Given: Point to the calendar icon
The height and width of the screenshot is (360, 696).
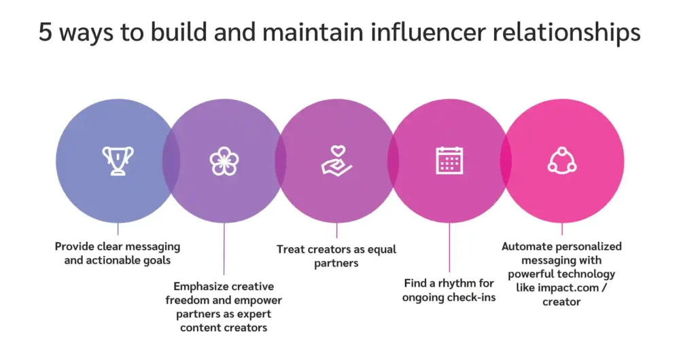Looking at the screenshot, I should click(x=449, y=160).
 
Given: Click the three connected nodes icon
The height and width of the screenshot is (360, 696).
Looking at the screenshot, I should click(x=562, y=160).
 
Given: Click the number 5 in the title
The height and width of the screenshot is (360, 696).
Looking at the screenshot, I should click(x=45, y=33).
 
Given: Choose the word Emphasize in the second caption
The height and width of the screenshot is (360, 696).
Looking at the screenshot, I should click(x=202, y=287).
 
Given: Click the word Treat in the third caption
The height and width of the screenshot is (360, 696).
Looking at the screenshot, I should click(x=290, y=249).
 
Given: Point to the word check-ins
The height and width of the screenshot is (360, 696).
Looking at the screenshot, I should click(x=473, y=298).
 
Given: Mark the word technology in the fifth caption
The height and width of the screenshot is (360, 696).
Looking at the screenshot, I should click(x=587, y=274).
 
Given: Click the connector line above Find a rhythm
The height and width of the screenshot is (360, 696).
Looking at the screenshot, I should click(x=449, y=248).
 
